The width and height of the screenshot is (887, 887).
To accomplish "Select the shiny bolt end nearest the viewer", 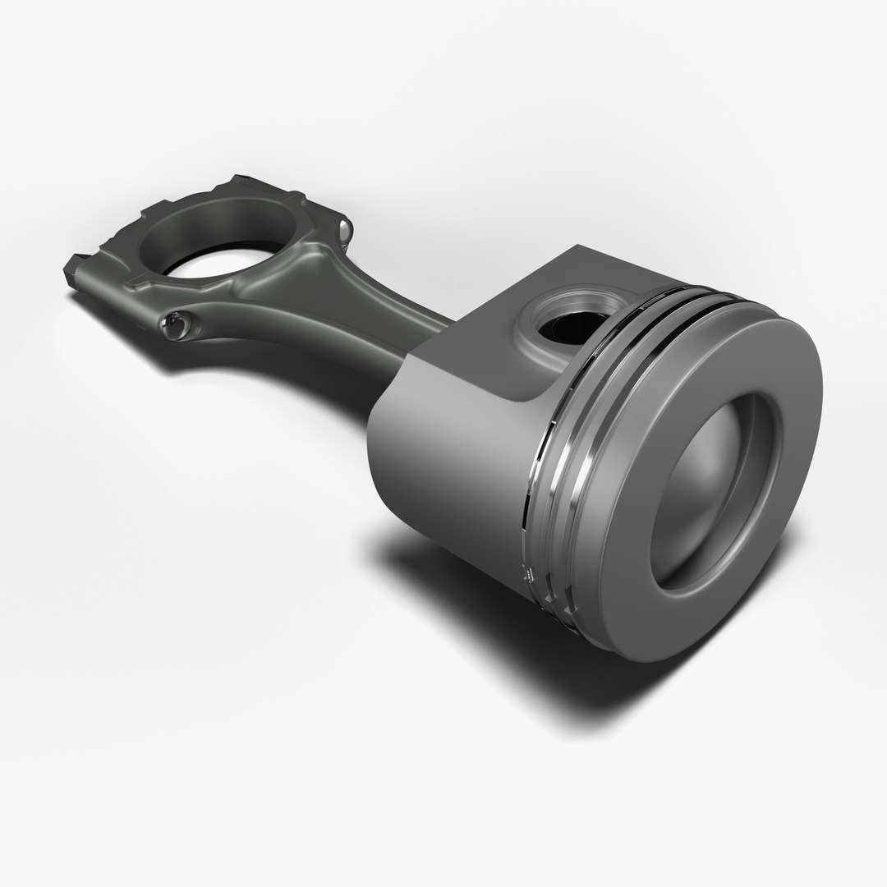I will coord(175,326).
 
